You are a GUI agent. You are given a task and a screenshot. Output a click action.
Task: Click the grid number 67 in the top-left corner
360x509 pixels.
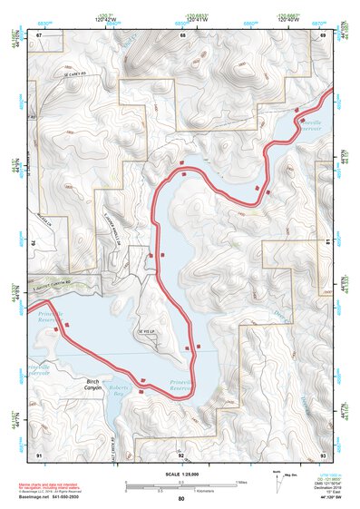(39, 34)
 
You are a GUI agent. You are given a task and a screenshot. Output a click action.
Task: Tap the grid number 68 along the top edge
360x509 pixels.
(182, 34)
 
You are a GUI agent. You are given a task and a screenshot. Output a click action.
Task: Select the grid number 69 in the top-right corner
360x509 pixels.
(323, 34)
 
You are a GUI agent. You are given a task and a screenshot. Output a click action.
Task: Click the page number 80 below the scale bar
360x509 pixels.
(181, 498)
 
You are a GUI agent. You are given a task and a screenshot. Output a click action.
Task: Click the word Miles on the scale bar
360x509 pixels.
(238, 482)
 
